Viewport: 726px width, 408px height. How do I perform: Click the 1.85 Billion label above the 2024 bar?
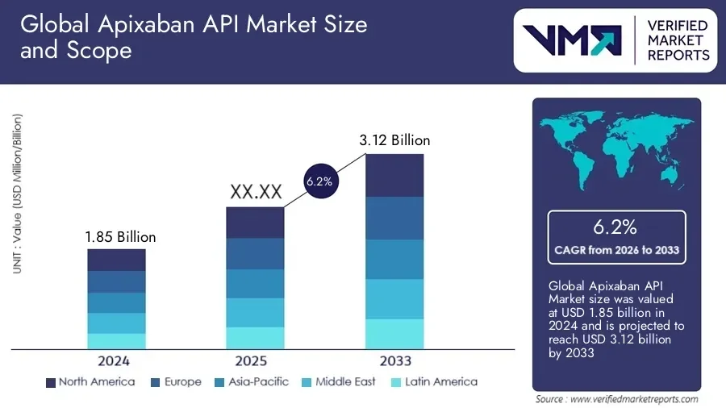[x=120, y=237]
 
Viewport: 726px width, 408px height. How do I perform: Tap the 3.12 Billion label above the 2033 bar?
[x=394, y=140]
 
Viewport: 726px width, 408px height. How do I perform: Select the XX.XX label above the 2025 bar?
[x=256, y=192]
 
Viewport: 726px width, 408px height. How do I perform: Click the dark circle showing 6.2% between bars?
[x=319, y=182]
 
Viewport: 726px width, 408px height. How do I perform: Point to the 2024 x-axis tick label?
[x=113, y=360]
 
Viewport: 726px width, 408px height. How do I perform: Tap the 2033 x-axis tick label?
[x=394, y=360]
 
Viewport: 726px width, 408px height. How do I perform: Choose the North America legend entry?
[x=90, y=381]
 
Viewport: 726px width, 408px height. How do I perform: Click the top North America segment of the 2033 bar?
[x=394, y=175]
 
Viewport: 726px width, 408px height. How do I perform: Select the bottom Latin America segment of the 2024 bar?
[x=117, y=341]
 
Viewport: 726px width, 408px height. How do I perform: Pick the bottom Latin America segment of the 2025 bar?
[x=255, y=338]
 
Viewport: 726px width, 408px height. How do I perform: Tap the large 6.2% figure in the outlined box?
[x=617, y=227]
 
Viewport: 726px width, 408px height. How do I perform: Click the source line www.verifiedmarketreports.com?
[x=617, y=399]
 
